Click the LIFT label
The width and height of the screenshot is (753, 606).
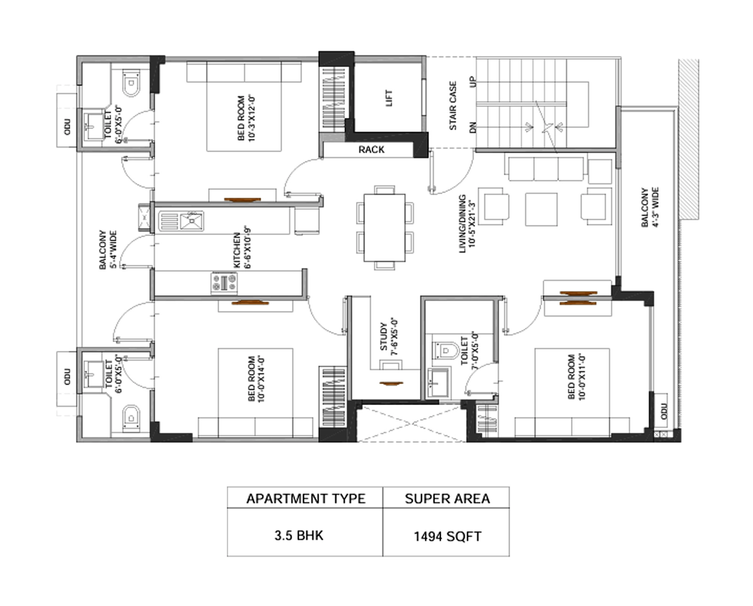coord(389,98)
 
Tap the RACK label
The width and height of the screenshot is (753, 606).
coord(371,150)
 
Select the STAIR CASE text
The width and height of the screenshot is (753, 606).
coord(453,106)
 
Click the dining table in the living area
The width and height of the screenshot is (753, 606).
coord(384,228)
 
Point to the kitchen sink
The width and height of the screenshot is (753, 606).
coord(191,222)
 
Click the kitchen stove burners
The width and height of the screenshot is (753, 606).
coord(224,283)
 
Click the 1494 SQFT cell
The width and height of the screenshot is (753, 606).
coord(447,536)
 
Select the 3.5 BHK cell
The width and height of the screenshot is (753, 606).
coord(299,536)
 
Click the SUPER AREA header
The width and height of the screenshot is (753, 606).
coord(447,499)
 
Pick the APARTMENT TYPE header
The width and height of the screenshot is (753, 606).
coord(306,499)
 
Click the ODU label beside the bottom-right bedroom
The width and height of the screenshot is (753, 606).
coord(663,411)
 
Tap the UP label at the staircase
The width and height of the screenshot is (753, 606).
coord(473,81)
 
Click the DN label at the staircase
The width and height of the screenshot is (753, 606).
coord(473,127)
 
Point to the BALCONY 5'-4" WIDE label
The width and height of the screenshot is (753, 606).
coord(108,249)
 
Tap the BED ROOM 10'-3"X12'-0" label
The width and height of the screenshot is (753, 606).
coord(246,118)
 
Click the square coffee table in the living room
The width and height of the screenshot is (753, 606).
coord(541,209)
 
